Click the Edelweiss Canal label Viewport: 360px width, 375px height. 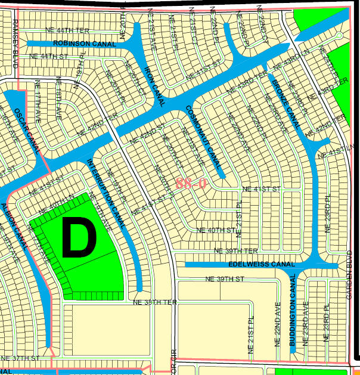[262, 264]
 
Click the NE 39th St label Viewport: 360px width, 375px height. [225, 279]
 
